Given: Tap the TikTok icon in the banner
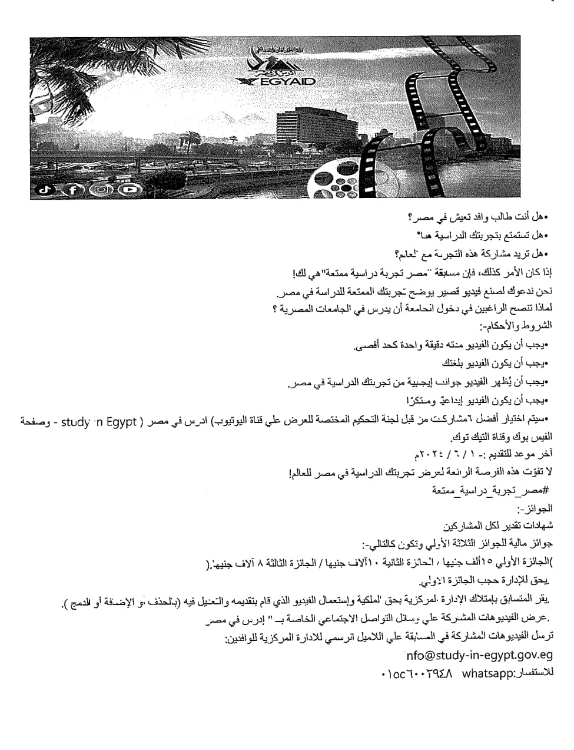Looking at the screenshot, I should click(x=47, y=190).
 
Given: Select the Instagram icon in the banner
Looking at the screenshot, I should click(x=102, y=190).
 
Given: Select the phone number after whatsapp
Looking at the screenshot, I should click(x=417, y=673).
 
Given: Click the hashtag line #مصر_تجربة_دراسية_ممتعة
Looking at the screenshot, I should click(x=490, y=490).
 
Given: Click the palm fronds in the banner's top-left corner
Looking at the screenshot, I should click(x=65, y=65).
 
